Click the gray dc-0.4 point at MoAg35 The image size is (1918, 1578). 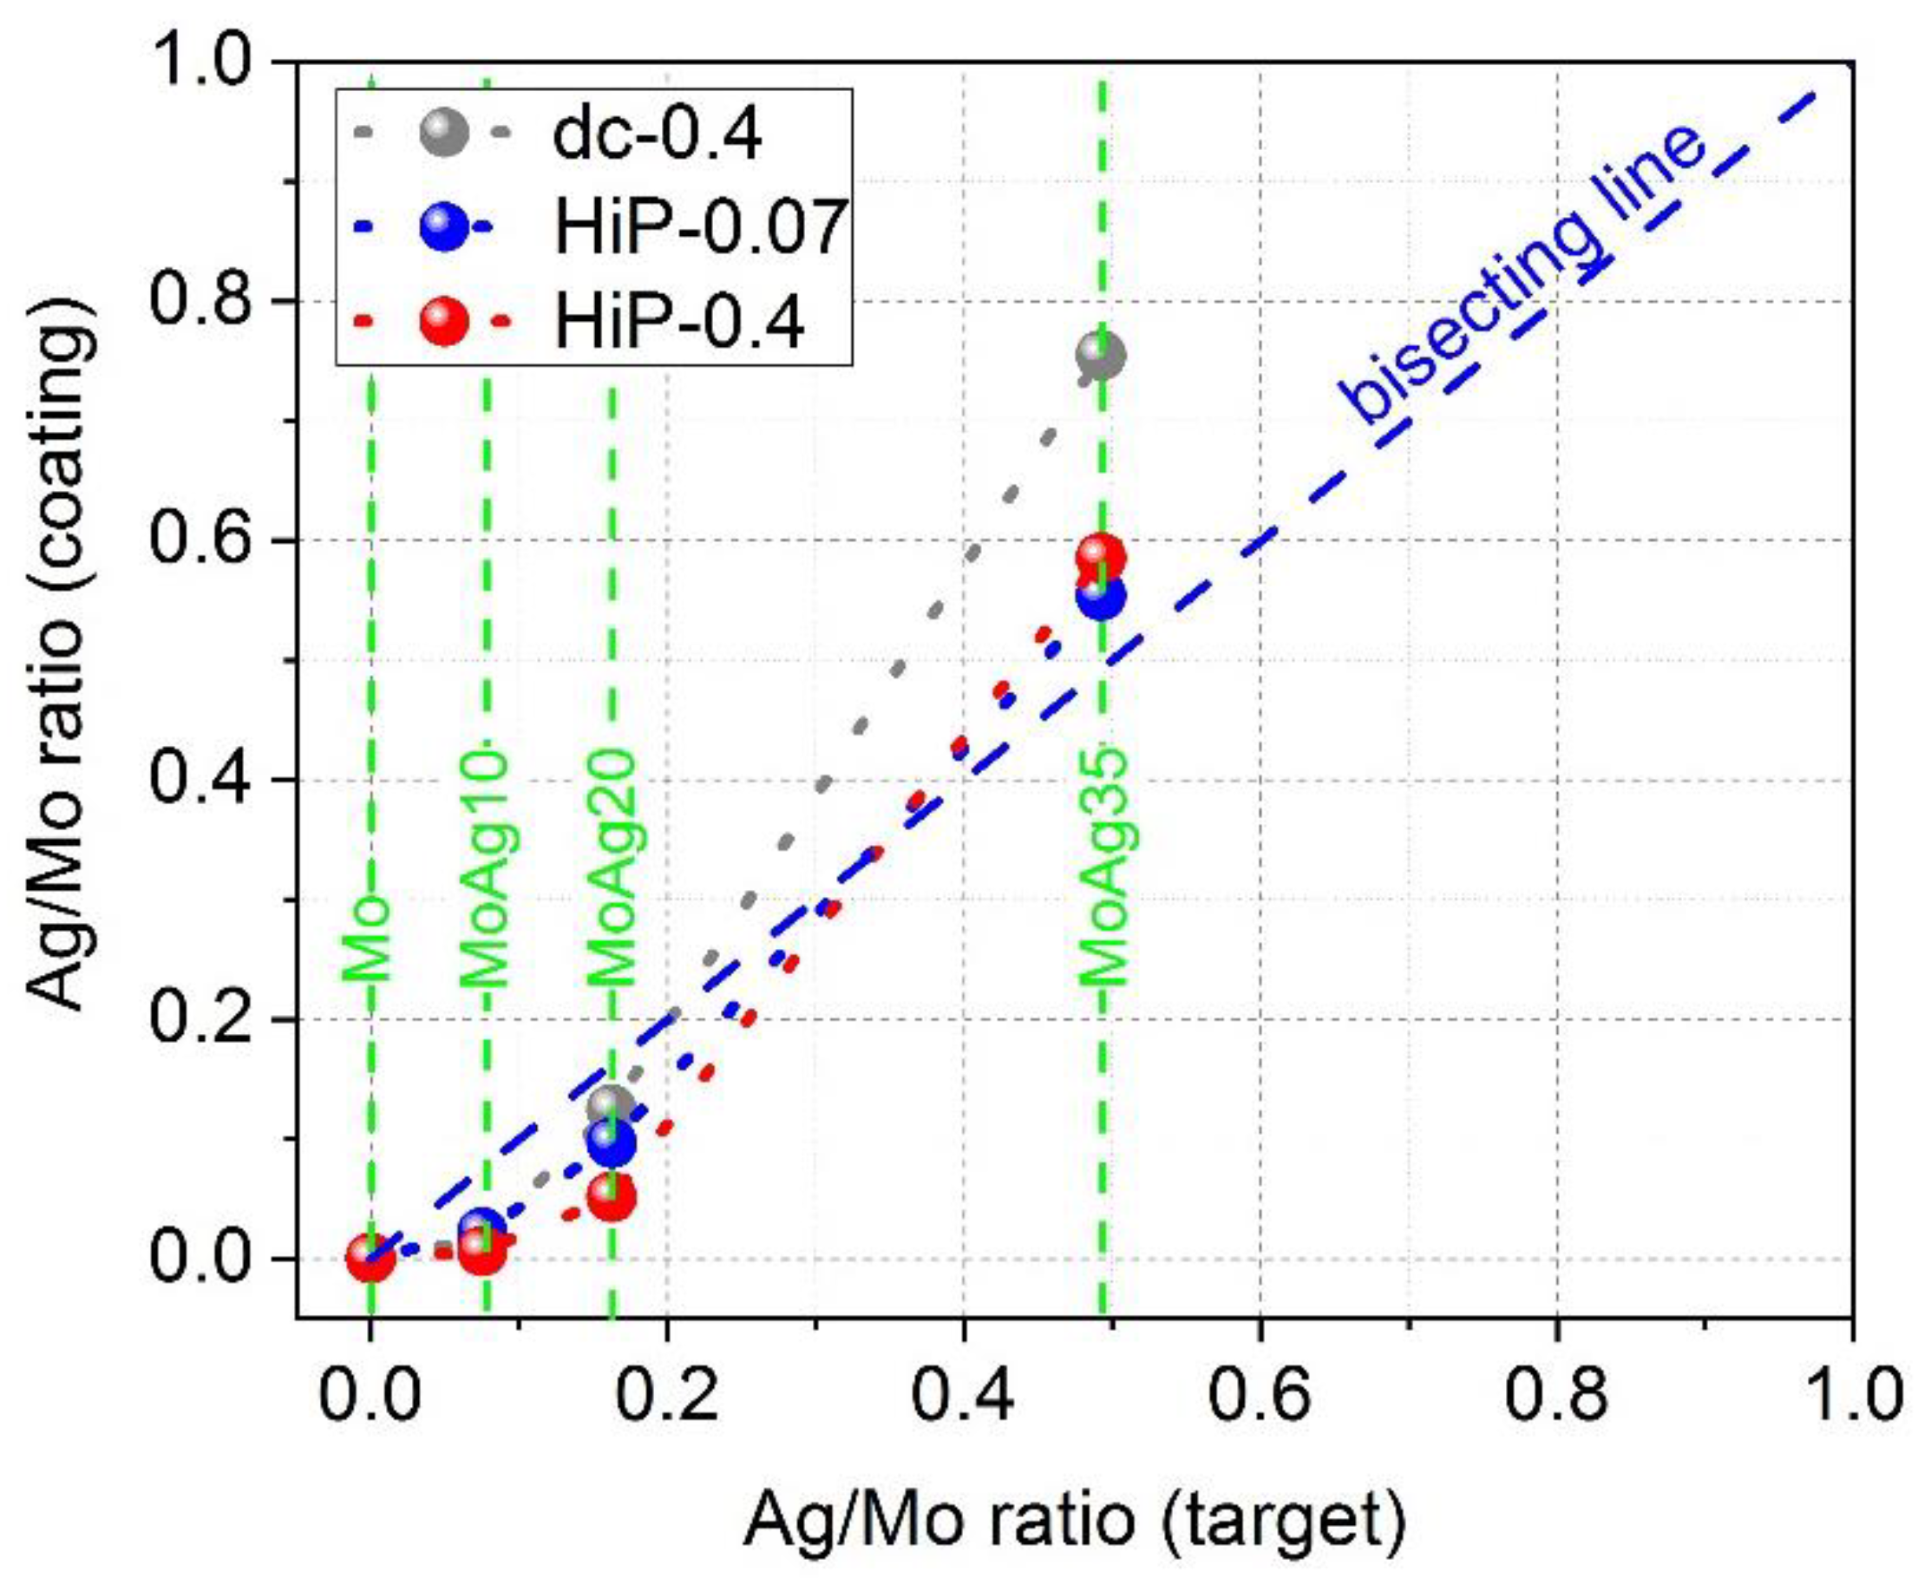[x=1101, y=356]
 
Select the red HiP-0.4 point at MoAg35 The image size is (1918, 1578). [x=1101, y=557]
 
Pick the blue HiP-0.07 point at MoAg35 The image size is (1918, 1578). [x=1101, y=596]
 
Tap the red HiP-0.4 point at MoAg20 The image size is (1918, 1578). [x=612, y=1198]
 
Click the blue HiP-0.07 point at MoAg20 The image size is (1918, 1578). [x=612, y=1143]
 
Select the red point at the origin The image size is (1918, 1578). [x=370, y=1257]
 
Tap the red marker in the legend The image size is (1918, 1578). [x=443, y=320]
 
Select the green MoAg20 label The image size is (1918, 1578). [x=610, y=868]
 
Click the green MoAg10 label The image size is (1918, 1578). [x=482, y=868]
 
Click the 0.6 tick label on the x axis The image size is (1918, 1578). [x=1259, y=1395]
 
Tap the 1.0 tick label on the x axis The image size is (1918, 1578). [x=1849, y=1395]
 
